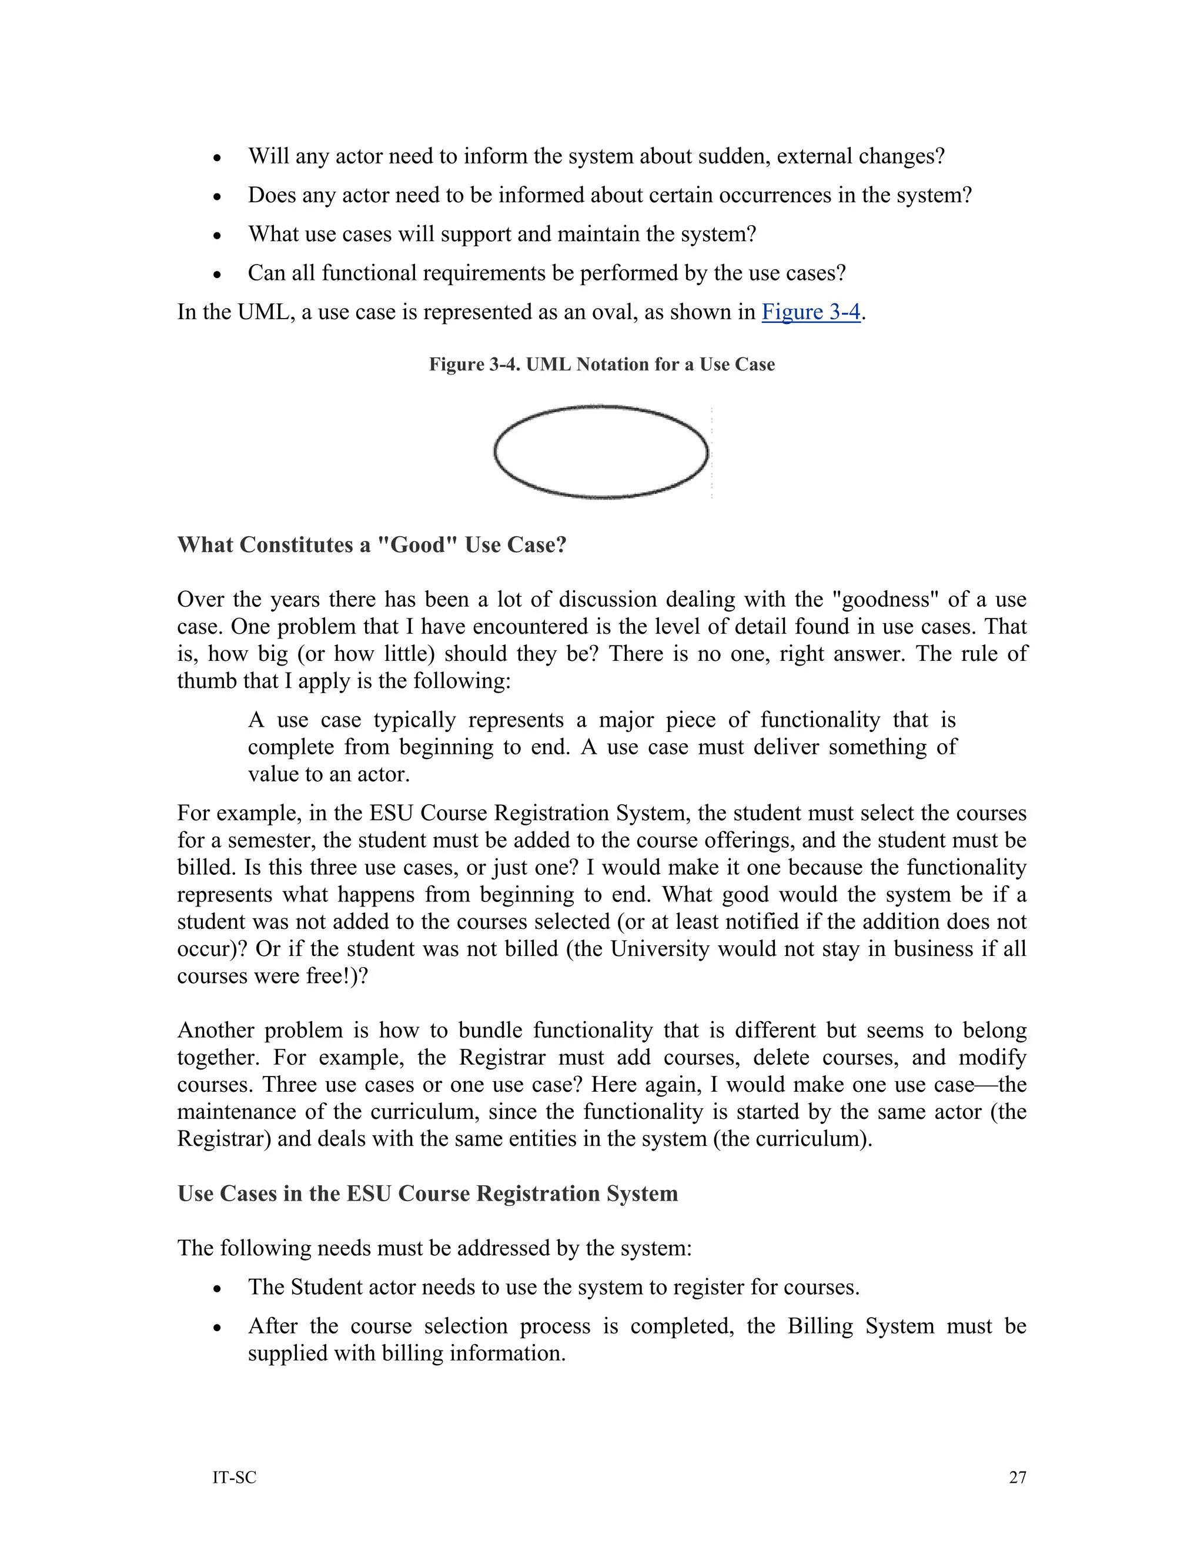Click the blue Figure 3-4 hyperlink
pos(811,312)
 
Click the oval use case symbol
pos(601,452)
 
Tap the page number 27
pos(1017,1477)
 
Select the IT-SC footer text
pos(234,1477)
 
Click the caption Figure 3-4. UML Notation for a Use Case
pos(601,365)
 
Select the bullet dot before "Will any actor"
pos(218,158)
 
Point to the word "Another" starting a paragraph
pos(215,1031)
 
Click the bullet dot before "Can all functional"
pos(218,275)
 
